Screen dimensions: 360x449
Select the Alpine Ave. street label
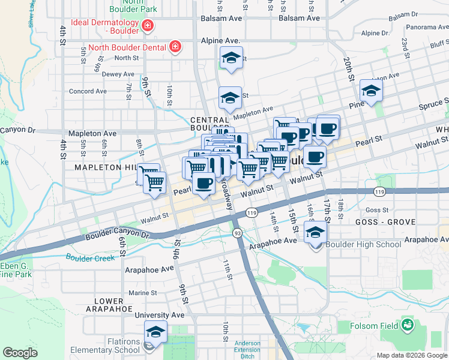tap(220, 41)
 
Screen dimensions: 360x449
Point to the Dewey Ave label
tap(118, 74)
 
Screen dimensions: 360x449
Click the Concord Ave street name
tap(88, 91)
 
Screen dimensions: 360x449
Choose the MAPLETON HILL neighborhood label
tap(106, 167)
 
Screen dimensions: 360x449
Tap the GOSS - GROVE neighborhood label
tap(390, 222)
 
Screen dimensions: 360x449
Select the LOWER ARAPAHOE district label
tap(109, 305)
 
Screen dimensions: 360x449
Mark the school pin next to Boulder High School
tap(315, 233)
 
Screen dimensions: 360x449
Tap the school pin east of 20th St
tap(372, 91)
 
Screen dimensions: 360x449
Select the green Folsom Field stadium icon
tap(409, 325)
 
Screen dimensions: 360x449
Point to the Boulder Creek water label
tap(91, 259)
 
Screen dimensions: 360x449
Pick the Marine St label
tap(142, 293)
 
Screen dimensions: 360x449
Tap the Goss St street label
tap(377, 210)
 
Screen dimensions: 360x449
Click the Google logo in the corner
tap(20, 352)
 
